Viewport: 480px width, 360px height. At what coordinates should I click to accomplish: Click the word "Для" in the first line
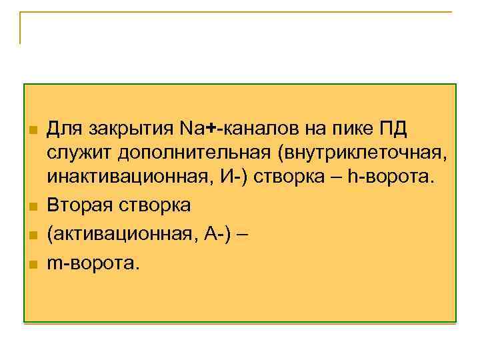[x=64, y=127]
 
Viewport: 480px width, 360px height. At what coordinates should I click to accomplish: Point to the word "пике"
[x=353, y=128]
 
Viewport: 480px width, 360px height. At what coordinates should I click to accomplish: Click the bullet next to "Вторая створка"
[x=31, y=206]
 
